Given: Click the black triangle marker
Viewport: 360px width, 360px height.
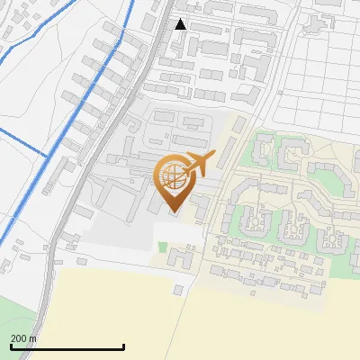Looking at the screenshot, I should coord(181,24).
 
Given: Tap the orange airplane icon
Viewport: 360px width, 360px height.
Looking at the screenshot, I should coord(199,164).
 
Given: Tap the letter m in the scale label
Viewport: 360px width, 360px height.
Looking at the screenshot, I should coord(33,338).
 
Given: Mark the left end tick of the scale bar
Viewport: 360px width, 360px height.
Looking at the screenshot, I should coord(10,346).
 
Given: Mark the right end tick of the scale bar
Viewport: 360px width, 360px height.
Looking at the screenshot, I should coord(123,346).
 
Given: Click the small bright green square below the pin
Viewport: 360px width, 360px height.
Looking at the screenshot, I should coord(162,247).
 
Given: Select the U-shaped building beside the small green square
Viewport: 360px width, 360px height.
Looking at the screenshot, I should coord(180,258).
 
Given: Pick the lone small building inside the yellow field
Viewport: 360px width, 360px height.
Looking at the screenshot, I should coord(179,290).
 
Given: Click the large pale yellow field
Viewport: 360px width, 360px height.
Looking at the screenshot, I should coord(225,324).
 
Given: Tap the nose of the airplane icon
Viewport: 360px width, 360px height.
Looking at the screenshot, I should coord(213,156).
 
